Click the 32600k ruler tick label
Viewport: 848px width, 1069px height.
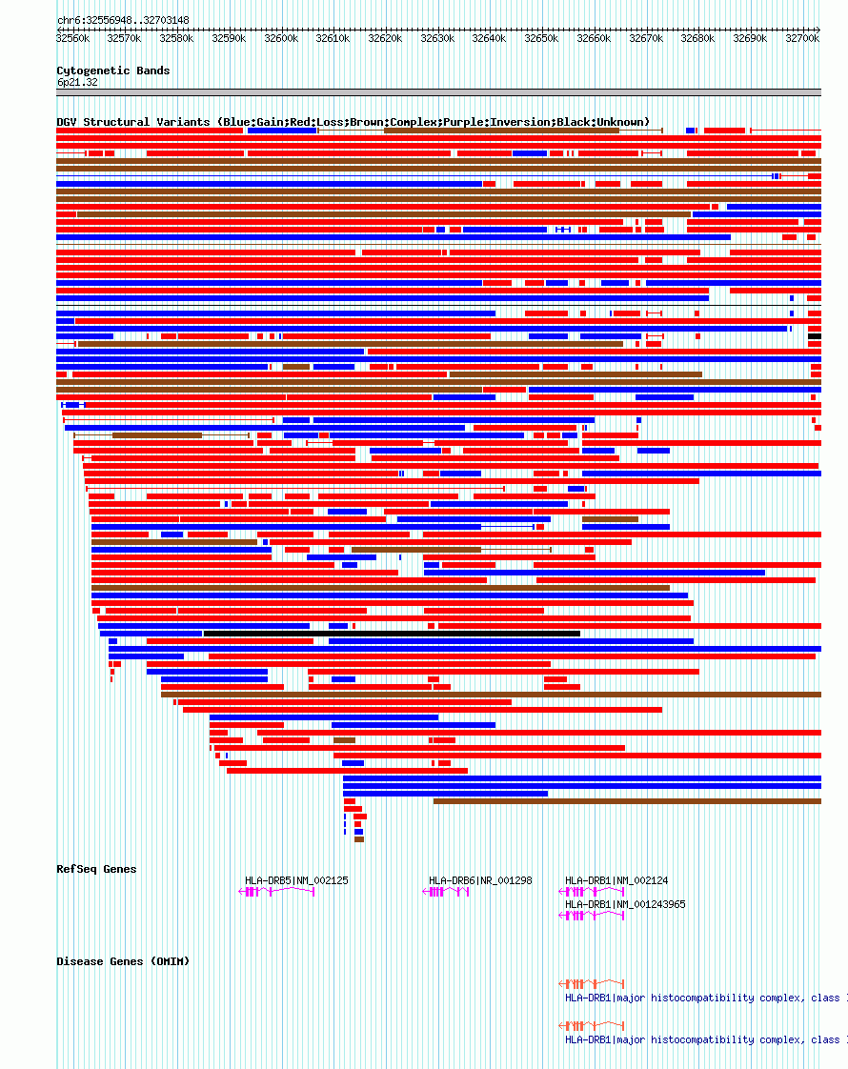point(280,38)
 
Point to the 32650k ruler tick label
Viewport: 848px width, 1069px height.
point(541,38)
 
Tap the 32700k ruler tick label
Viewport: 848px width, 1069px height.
point(802,38)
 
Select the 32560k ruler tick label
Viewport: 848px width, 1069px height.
point(72,38)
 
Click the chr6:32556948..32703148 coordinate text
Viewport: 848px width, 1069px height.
point(123,20)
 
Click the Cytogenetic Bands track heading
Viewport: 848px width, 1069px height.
point(112,71)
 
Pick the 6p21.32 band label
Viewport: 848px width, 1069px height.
point(77,82)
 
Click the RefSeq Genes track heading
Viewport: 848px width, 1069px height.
point(96,869)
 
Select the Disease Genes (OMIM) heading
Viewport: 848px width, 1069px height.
point(123,961)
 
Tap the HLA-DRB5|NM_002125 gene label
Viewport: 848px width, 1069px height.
point(296,880)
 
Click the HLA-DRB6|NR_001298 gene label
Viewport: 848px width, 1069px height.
point(480,880)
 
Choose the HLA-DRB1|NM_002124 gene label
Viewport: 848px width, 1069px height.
point(616,880)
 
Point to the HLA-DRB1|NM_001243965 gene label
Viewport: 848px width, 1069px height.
point(625,904)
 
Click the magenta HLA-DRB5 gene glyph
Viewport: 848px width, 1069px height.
point(276,892)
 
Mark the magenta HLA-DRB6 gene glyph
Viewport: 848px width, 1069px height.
point(446,892)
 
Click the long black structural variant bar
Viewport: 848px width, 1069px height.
point(392,633)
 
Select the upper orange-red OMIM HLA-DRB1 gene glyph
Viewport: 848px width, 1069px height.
point(592,982)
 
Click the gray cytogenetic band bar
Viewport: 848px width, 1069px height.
point(438,92)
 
